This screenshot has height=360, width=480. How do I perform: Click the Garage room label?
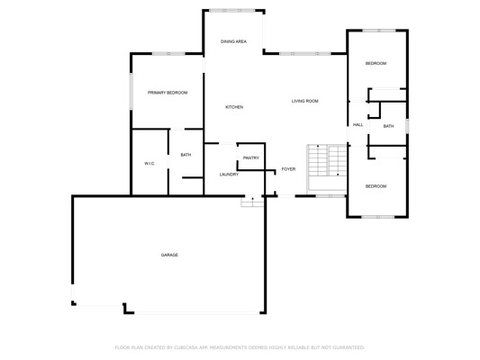click(169, 255)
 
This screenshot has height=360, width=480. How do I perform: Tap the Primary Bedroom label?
click(168, 93)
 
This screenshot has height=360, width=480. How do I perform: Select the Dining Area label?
click(233, 41)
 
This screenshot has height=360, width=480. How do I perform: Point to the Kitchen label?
click(234, 107)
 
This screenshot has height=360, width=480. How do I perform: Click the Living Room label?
click(305, 101)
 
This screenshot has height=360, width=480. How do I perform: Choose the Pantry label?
click(251, 158)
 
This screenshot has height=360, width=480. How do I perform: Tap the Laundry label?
click(229, 175)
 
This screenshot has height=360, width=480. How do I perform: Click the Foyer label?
click(289, 169)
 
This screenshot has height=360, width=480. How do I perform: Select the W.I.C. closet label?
click(149, 164)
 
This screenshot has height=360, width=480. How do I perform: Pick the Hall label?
click(358, 125)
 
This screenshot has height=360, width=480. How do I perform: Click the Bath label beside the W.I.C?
click(186, 155)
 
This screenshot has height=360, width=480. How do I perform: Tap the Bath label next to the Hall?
click(388, 126)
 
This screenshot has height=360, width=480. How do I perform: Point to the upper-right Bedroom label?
click(376, 63)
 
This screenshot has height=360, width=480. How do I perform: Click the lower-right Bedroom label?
click(376, 186)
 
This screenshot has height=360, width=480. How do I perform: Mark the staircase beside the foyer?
click(327, 168)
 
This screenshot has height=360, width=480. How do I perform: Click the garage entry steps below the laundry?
click(252, 202)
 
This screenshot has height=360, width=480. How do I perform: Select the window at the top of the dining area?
click(232, 11)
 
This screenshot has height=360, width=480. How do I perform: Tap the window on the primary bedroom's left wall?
click(131, 92)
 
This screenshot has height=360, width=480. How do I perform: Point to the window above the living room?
click(305, 54)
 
